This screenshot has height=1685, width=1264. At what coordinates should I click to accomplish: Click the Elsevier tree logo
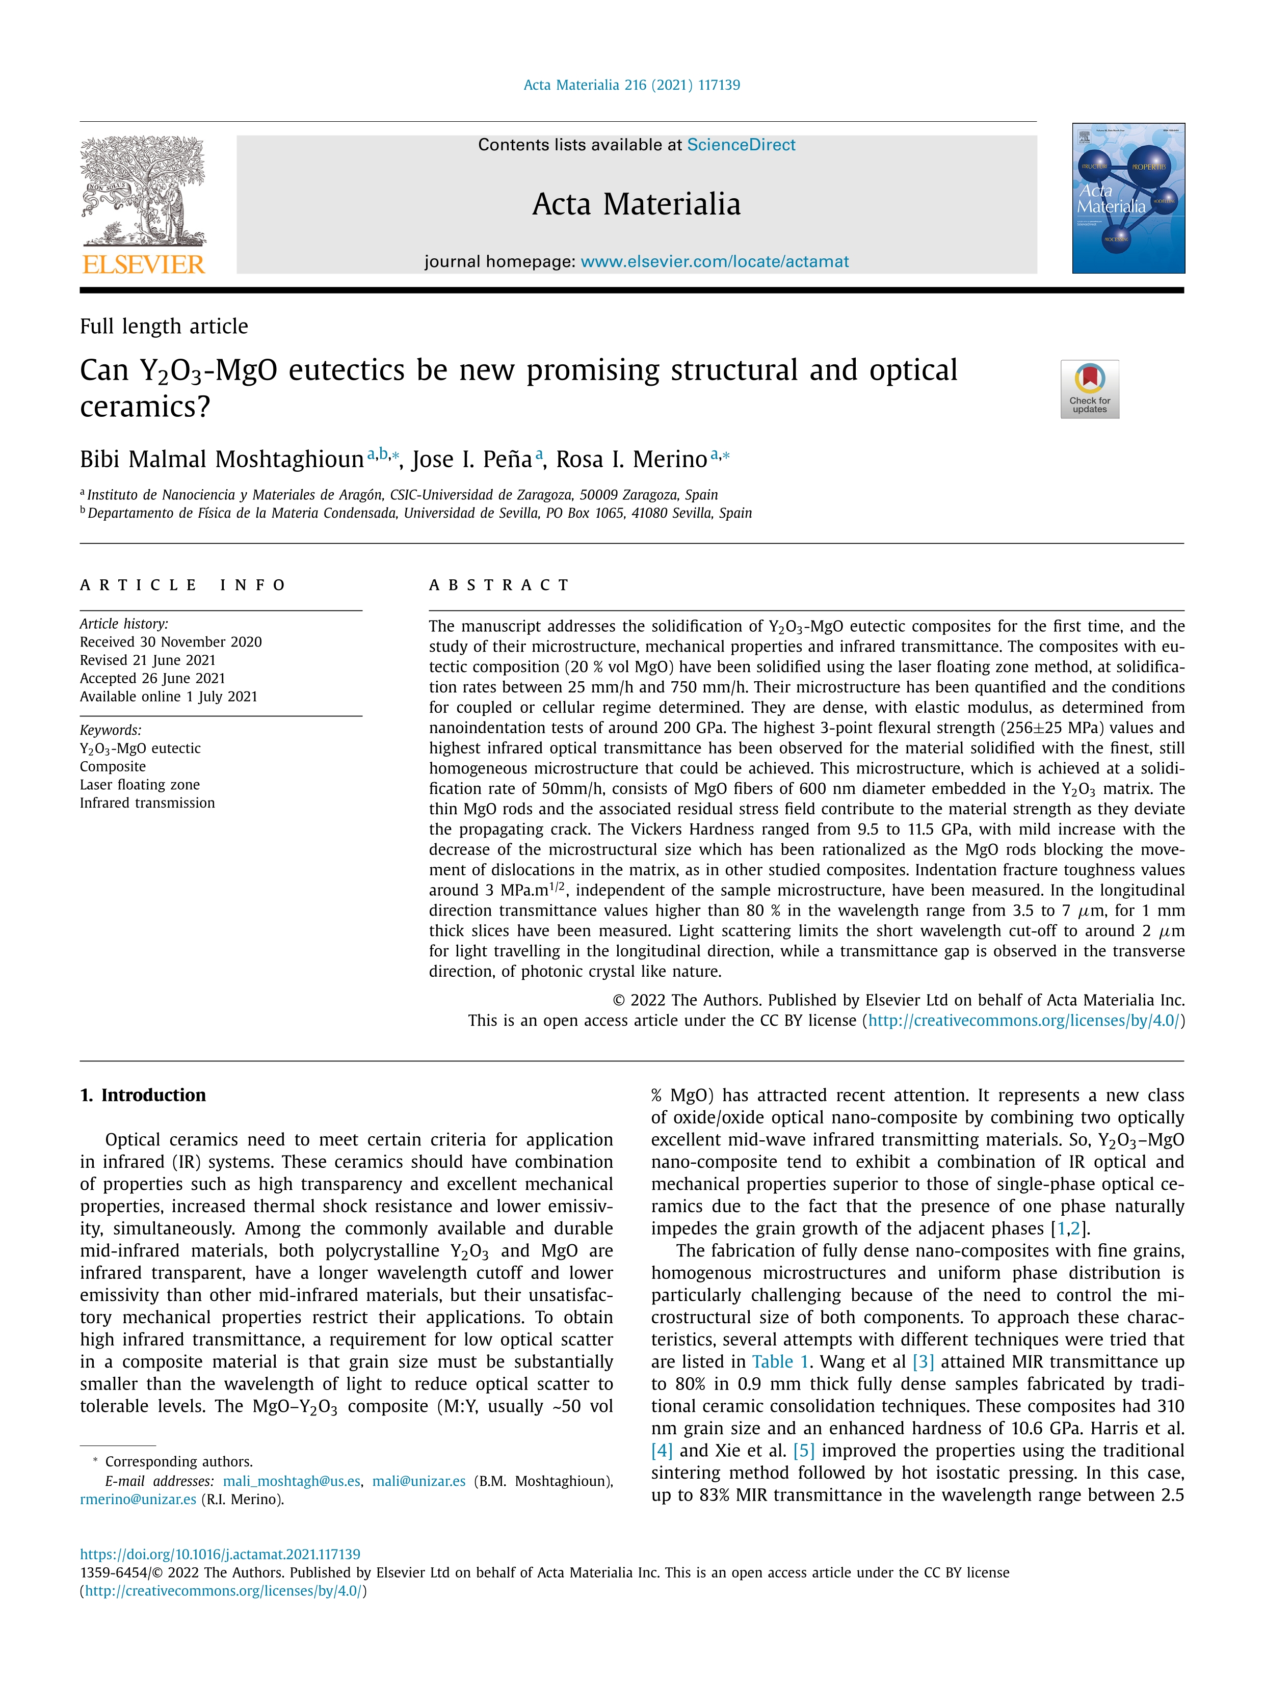pos(143,191)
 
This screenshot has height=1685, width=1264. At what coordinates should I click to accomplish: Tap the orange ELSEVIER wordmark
pos(143,264)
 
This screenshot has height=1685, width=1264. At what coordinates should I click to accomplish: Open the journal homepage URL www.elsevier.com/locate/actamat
pos(714,261)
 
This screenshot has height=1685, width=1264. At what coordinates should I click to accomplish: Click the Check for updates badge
pos(1090,388)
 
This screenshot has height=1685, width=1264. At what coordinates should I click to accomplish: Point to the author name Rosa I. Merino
pos(631,460)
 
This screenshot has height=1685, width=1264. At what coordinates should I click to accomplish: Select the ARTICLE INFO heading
pos(183,585)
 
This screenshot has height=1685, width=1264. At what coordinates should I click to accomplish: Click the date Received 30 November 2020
pos(171,641)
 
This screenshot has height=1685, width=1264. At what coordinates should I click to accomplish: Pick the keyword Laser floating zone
pos(140,785)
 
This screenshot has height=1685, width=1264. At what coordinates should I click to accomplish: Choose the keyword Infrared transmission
pos(147,803)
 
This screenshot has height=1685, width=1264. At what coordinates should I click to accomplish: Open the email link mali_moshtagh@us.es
pos(291,1481)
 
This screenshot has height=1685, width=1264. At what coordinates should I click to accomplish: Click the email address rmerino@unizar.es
pos(138,1499)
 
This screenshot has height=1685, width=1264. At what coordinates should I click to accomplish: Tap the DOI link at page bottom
pos(220,1554)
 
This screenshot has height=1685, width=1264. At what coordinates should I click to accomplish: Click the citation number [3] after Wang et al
pos(923,1361)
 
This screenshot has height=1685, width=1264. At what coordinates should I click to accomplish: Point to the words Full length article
pos(164,326)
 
